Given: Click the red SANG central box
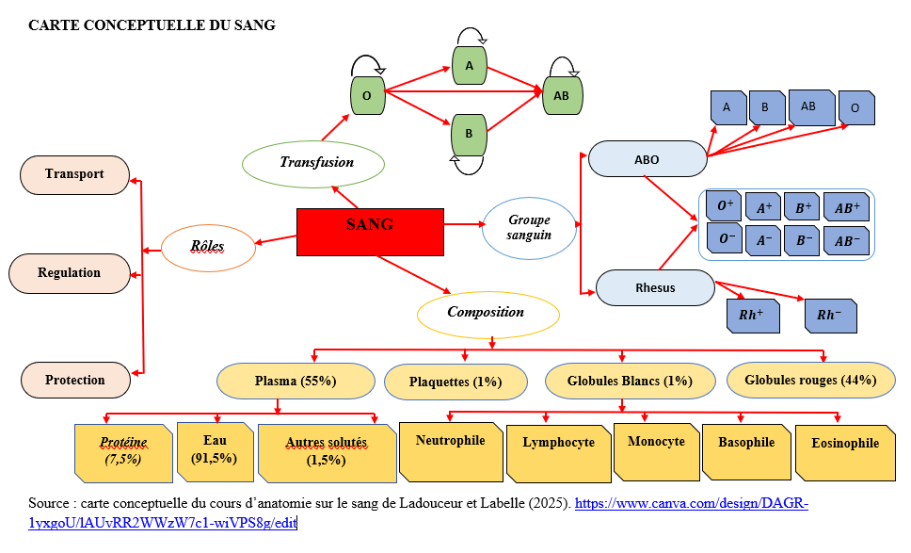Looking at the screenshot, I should click(x=370, y=232).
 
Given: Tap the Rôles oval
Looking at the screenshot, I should click(x=207, y=248).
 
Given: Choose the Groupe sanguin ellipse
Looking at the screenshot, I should click(x=529, y=227).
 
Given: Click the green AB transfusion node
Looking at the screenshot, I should click(x=561, y=95).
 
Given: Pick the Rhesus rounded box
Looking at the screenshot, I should click(x=655, y=288).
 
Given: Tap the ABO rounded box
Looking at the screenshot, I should click(x=647, y=159).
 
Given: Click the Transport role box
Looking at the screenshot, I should click(x=74, y=174).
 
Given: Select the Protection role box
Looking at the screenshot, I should click(x=75, y=380).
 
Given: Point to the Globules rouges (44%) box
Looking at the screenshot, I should click(x=810, y=381).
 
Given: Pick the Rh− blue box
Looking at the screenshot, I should click(x=830, y=315).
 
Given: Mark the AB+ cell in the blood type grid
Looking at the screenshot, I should click(x=846, y=207).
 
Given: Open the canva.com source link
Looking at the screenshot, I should click(x=691, y=504).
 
